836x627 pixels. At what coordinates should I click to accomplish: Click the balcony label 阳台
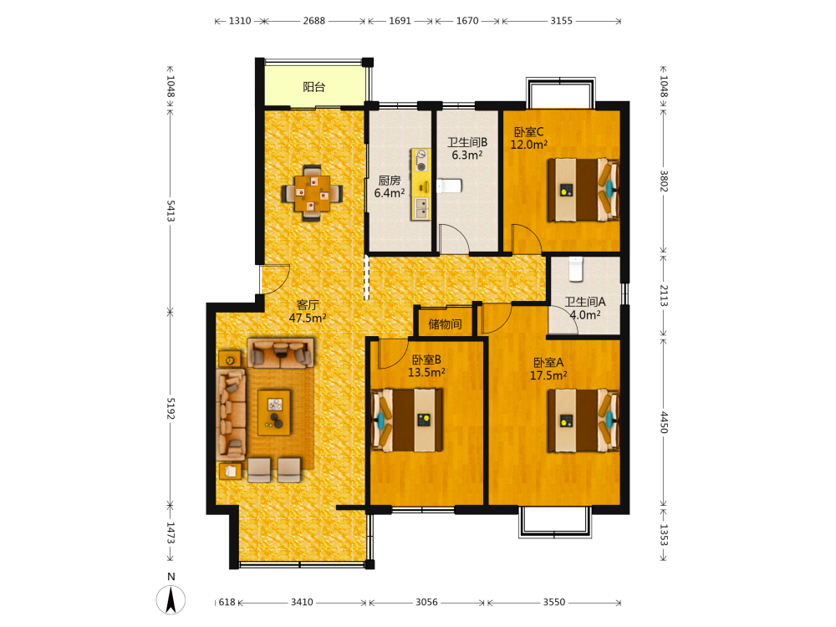(313, 87)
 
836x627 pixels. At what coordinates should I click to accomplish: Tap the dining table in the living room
(312, 193)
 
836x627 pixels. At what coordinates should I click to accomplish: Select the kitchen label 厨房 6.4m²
(390, 187)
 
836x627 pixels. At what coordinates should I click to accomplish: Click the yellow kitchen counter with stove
(421, 184)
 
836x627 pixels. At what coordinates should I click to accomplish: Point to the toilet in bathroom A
(575, 269)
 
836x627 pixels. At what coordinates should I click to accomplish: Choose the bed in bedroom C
(584, 190)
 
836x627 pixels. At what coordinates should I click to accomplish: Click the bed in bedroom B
(407, 421)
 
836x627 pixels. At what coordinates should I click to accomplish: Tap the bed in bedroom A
(584, 421)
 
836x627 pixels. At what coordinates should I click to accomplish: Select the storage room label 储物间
(446, 324)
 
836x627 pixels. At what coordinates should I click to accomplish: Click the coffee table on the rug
(274, 413)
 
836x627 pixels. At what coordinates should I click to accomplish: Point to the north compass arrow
(171, 599)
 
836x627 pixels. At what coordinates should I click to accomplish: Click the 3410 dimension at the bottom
(302, 603)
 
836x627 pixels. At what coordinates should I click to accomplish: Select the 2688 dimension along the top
(314, 21)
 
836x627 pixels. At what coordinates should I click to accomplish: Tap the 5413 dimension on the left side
(171, 212)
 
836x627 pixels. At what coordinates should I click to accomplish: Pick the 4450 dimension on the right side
(665, 421)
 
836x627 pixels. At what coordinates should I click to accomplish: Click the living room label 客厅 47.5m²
(308, 311)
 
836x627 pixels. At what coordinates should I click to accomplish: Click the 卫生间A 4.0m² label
(585, 308)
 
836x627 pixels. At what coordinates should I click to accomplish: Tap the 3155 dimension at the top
(562, 21)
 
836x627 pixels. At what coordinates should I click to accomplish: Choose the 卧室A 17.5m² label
(548, 369)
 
